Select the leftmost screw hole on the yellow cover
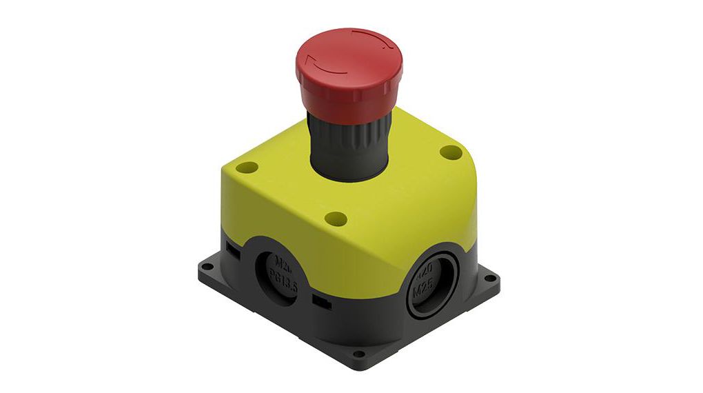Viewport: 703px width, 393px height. coord(250,168)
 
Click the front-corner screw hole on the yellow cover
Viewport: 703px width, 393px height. coord(336,219)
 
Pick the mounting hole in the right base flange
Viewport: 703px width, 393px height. coord(490,279)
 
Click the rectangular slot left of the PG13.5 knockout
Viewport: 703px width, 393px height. coord(233,253)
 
